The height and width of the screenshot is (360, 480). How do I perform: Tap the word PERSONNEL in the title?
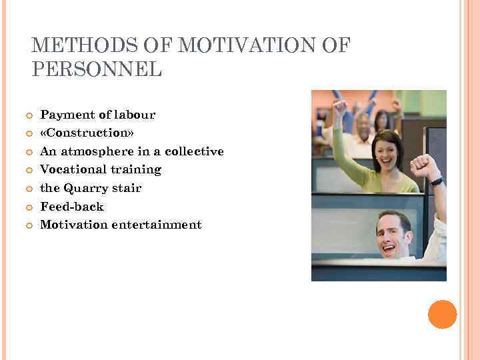pyautogui.click(x=97, y=69)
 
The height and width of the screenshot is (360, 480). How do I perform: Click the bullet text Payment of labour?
pyautogui.click(x=97, y=115)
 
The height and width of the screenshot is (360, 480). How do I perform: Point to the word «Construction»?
pyautogui.click(x=87, y=133)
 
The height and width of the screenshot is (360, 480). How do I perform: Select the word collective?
pyautogui.click(x=194, y=151)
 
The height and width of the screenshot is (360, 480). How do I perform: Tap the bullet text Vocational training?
pyautogui.click(x=101, y=169)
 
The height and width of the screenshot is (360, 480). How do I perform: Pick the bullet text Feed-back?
pyautogui.click(x=72, y=207)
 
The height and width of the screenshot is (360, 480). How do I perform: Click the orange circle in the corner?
pyautogui.click(x=442, y=314)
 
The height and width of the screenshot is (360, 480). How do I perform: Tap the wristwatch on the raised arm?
pyautogui.click(x=436, y=181)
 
